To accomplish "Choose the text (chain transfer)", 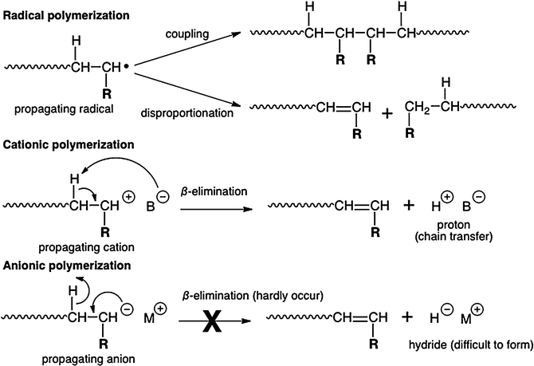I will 469,238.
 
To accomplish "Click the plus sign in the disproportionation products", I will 388,113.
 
